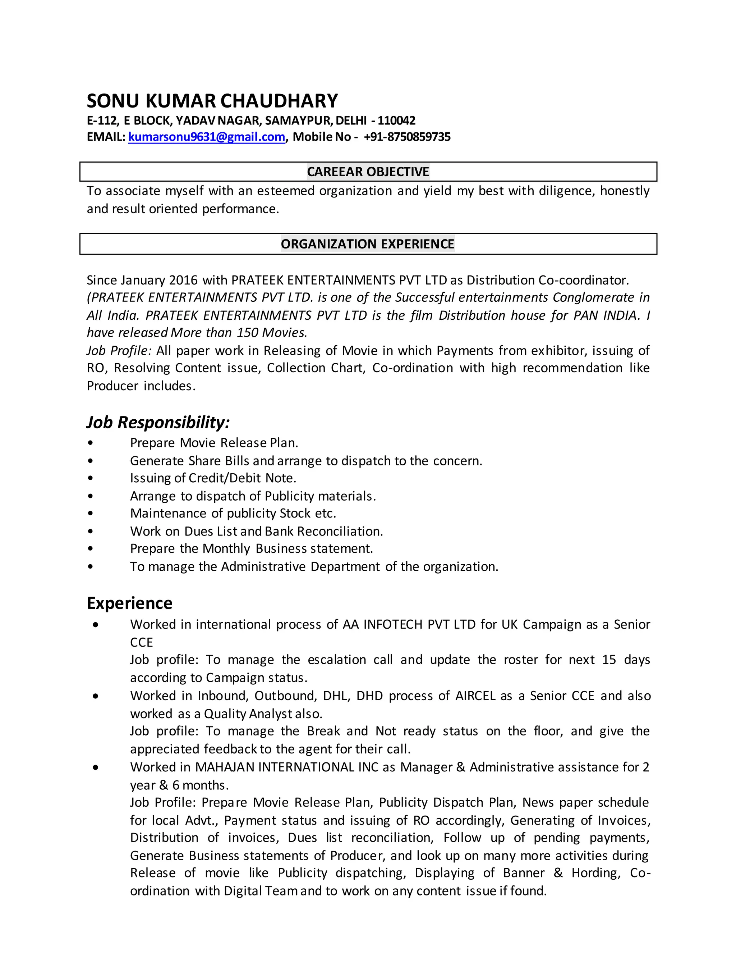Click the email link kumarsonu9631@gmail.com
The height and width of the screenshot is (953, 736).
point(207,137)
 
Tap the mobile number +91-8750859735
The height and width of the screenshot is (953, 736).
point(407,137)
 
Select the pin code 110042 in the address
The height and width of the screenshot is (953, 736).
point(396,120)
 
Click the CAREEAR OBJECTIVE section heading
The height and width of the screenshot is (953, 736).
point(368,172)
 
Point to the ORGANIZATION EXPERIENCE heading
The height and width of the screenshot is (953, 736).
point(368,243)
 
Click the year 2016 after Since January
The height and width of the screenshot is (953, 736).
point(183,280)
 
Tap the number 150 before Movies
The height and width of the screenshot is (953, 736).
point(248,333)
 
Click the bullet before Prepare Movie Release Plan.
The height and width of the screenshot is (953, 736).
point(90,443)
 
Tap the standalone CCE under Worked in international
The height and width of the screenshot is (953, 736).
point(141,642)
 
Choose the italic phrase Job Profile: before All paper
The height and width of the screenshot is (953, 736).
point(119,350)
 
